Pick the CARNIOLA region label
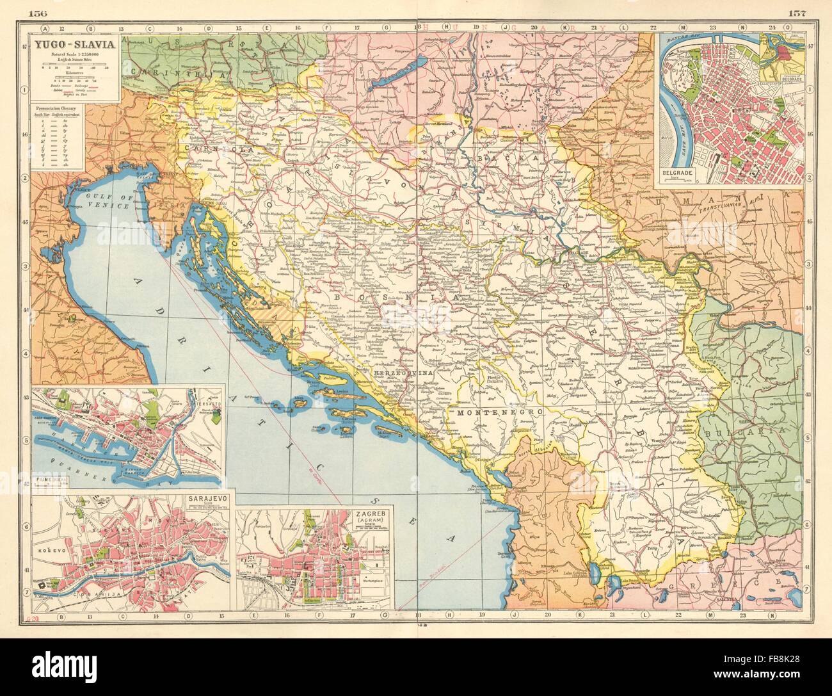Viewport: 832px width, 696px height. pos(205,148)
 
